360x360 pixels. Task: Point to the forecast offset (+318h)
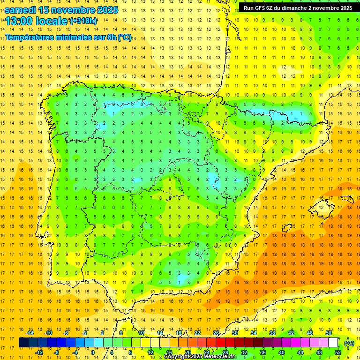(83, 21)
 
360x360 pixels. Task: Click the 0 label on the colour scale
(92, 352)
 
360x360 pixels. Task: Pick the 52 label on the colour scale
(337, 352)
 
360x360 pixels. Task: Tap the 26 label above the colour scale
(216, 333)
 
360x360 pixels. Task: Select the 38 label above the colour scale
(272, 333)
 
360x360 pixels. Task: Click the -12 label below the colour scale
(39, 352)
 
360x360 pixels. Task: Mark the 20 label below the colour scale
(187, 352)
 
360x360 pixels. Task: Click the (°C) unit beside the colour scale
(349, 343)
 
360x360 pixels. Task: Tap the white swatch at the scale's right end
(333, 343)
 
